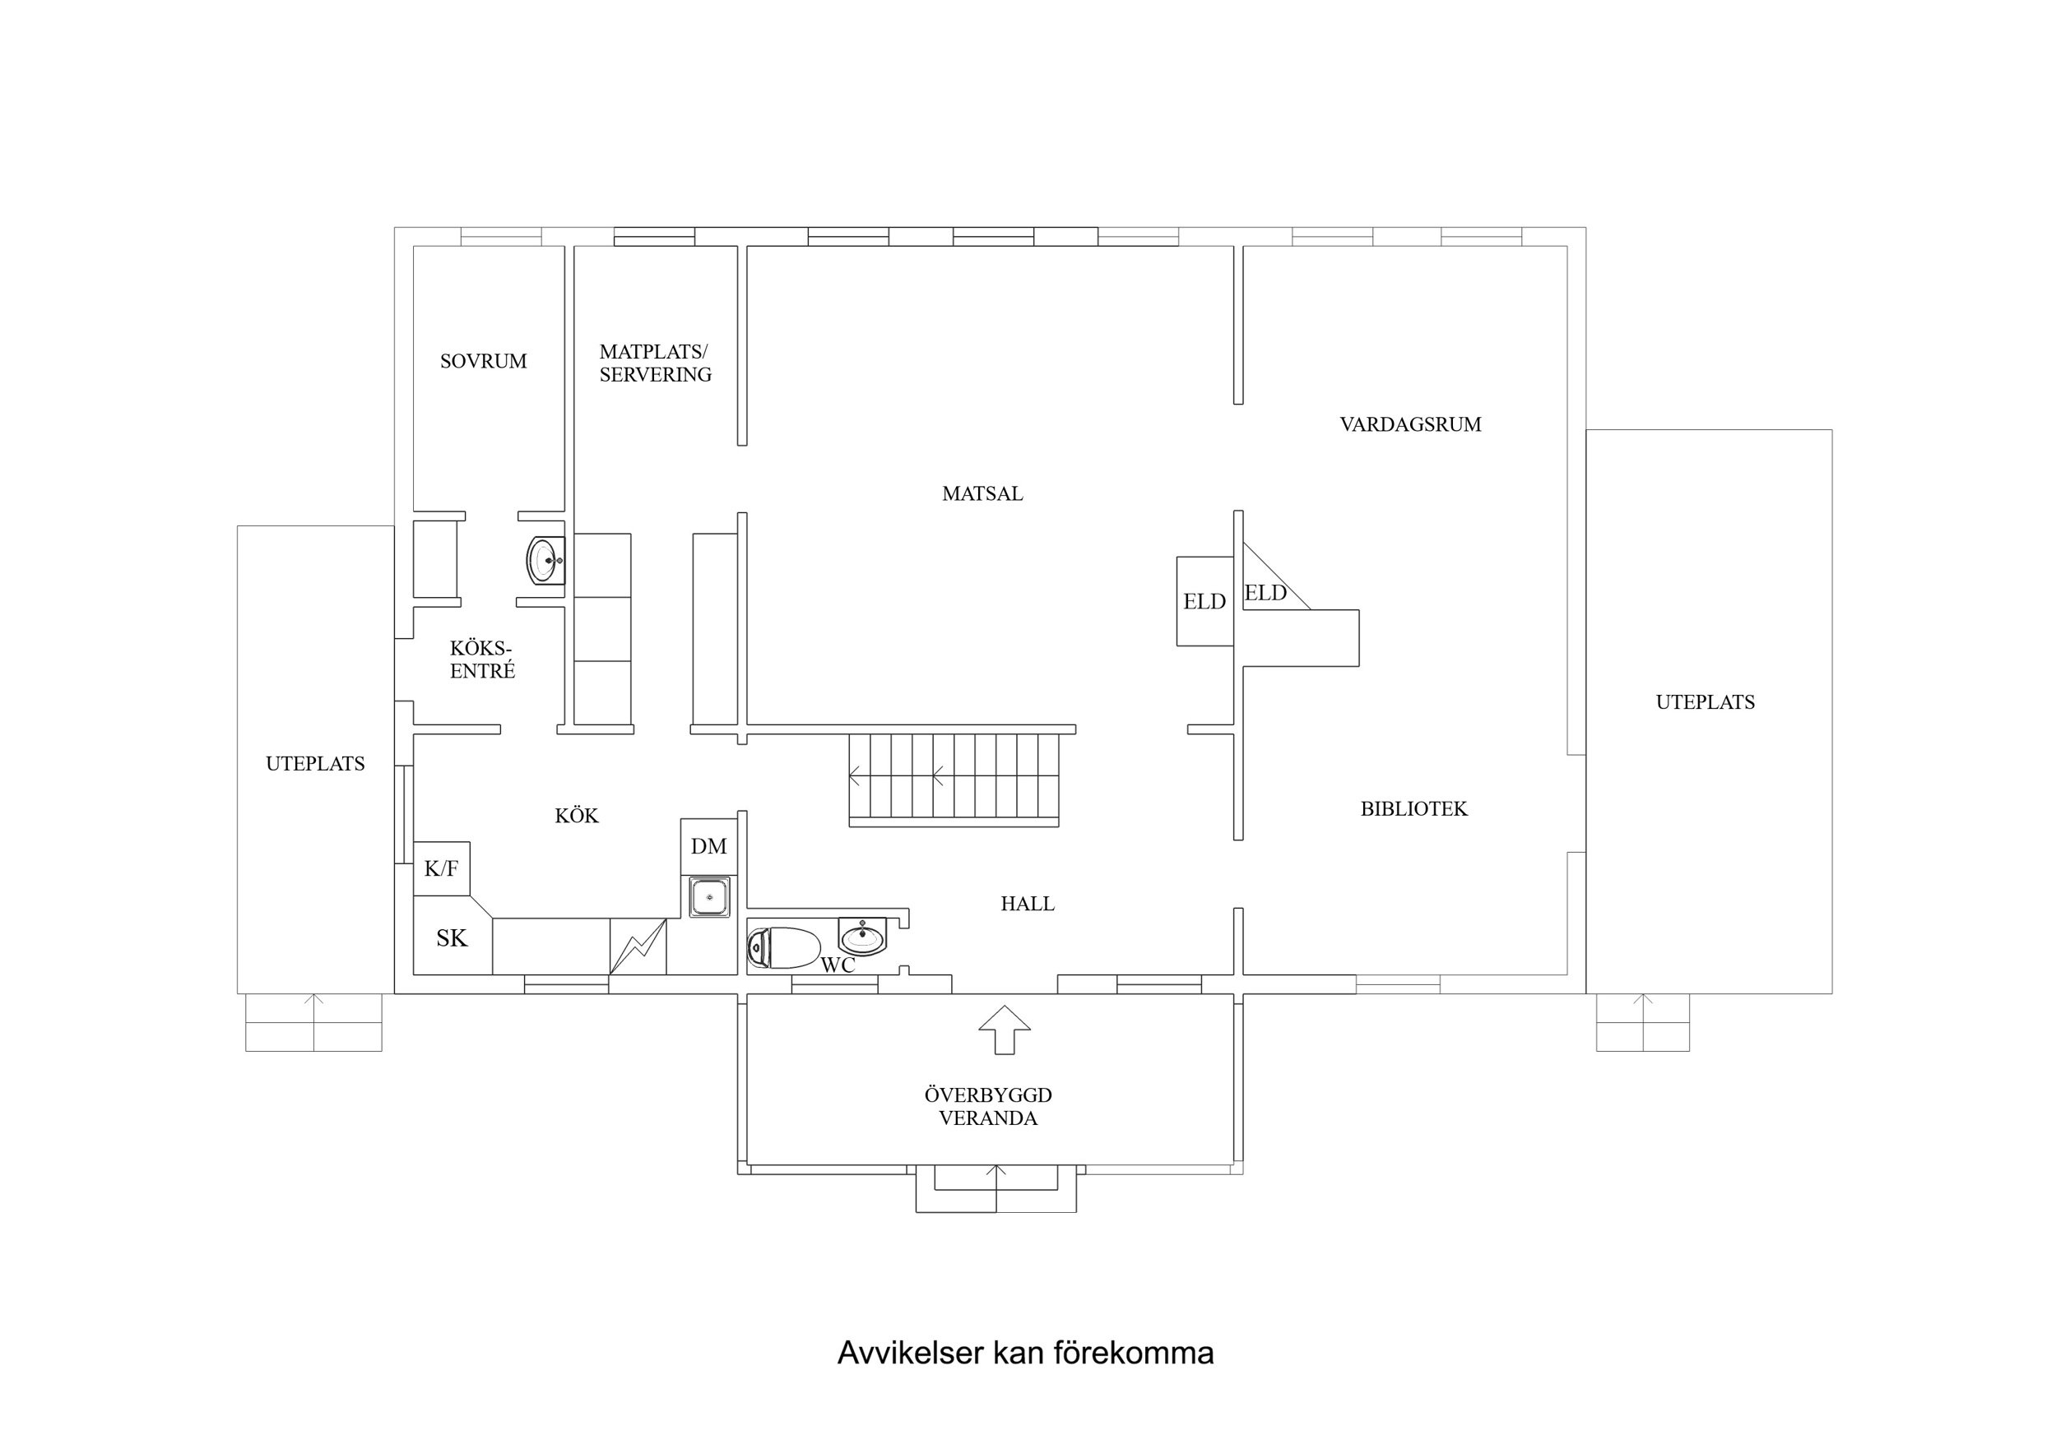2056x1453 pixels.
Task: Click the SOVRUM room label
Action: click(483, 362)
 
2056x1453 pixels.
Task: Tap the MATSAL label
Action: click(982, 494)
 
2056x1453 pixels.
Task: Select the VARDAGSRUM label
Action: click(1409, 425)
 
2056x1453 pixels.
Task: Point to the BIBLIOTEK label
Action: click(1413, 809)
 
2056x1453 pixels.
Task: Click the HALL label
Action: click(1026, 905)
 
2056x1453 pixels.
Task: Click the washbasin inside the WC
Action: click(861, 937)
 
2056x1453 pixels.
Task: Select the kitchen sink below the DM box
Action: click(709, 897)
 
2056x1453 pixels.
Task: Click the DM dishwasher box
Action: click(708, 847)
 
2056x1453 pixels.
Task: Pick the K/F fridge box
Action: click(442, 868)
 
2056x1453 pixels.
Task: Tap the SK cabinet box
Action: click(452, 938)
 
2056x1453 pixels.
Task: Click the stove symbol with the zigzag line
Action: click(638, 946)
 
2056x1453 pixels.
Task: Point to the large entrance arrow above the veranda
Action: click(1004, 1030)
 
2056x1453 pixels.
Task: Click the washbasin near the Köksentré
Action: click(545, 561)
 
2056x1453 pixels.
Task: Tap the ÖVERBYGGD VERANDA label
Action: click(988, 1107)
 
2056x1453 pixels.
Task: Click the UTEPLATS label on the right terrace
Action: click(1704, 703)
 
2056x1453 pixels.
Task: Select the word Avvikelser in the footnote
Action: click(909, 1354)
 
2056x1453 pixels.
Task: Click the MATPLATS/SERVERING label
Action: click(655, 363)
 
